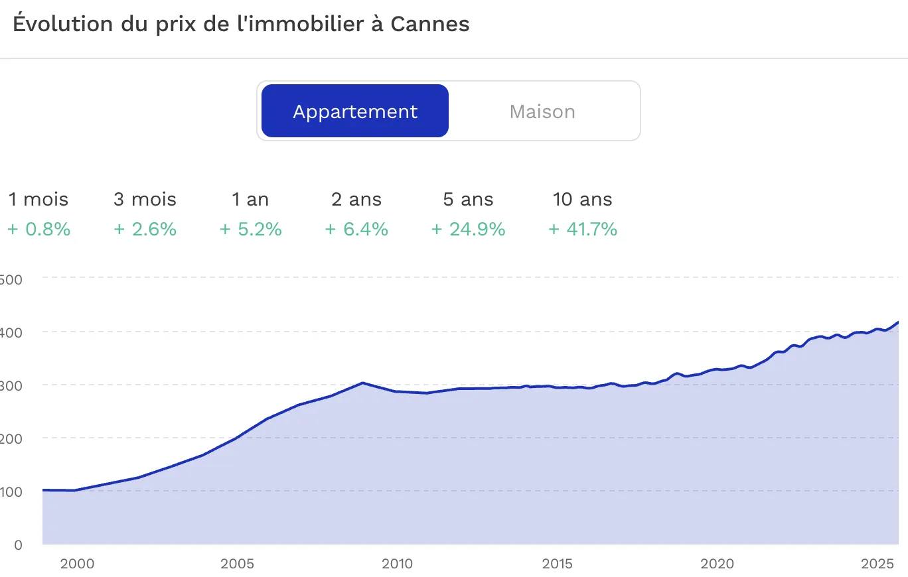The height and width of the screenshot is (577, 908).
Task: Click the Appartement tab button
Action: click(355, 111)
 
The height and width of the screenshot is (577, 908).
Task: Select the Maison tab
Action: click(542, 111)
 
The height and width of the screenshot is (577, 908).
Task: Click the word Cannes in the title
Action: click(429, 24)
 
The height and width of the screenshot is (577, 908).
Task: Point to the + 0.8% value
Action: click(38, 229)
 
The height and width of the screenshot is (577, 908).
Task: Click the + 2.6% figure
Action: click(145, 229)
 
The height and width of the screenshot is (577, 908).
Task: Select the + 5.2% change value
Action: click(250, 229)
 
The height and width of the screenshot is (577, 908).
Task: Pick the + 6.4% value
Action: click(356, 229)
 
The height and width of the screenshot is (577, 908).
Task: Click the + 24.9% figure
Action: click(468, 229)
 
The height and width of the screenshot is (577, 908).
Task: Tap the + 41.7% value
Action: click(583, 229)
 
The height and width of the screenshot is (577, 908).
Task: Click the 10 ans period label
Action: click(583, 199)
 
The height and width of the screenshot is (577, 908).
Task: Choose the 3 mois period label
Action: click(145, 199)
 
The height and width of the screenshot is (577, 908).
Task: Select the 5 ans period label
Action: click(468, 199)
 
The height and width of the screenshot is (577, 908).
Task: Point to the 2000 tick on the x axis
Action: click(77, 564)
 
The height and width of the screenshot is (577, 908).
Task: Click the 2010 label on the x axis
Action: click(397, 564)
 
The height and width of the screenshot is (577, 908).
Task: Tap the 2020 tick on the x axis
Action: click(718, 564)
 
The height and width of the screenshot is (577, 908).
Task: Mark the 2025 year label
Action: click(878, 564)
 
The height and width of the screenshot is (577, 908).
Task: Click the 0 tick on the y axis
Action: click(18, 545)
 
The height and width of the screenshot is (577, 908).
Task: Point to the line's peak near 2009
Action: click(362, 383)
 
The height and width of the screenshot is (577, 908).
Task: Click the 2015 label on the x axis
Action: click(558, 564)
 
